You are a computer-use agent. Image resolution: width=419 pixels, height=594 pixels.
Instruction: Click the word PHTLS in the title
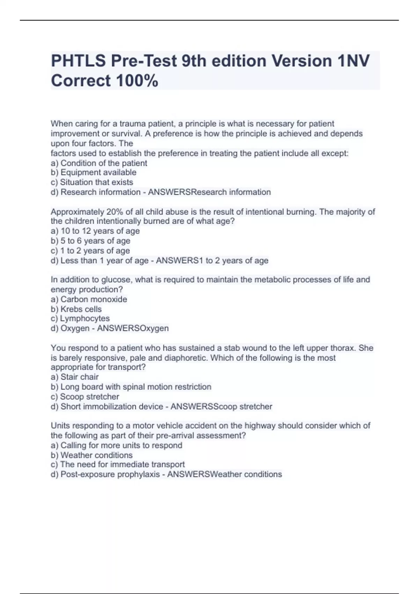point(79,61)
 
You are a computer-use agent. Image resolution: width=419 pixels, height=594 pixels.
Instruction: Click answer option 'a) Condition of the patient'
point(99,163)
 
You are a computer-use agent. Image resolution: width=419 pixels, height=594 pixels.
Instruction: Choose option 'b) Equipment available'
point(94,173)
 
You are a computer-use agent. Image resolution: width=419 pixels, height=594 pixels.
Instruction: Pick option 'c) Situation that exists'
point(92,182)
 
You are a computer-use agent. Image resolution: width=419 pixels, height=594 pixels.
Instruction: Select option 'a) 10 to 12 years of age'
point(95,231)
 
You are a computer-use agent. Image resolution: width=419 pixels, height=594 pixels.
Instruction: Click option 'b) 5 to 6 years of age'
point(90,241)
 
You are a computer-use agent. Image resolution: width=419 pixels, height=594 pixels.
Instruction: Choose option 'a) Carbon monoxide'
point(89,299)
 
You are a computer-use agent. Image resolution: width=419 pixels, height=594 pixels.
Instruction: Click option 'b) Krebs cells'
point(76,309)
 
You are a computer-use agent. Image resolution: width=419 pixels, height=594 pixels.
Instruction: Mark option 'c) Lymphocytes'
point(80,319)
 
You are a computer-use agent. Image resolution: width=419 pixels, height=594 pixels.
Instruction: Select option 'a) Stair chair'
point(75,377)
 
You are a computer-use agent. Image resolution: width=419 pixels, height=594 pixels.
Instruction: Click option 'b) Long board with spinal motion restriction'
point(131,387)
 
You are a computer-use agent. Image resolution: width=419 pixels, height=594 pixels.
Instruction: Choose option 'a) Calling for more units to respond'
point(117,445)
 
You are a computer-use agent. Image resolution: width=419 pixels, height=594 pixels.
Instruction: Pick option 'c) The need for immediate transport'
point(118,464)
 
